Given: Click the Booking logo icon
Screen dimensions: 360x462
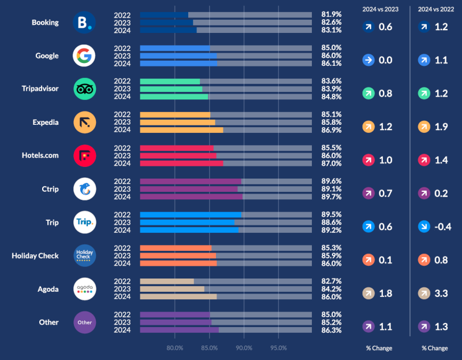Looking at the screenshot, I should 84,23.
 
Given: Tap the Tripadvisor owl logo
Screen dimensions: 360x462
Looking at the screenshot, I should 84,89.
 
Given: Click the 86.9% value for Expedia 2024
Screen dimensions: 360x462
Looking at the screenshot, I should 331,130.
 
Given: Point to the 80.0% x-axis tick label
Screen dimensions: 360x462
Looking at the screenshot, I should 175,348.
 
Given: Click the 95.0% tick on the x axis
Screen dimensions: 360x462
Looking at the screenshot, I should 278,348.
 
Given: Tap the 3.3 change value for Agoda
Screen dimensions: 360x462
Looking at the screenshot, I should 441,293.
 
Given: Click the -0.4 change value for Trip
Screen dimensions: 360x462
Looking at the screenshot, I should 442,227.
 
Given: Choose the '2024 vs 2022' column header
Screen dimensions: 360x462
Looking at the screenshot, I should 435,9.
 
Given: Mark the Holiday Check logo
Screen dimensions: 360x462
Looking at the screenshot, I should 84,255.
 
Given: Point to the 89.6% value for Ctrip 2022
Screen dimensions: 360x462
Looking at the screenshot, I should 331,181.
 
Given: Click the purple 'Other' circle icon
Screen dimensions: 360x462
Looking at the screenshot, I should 84,322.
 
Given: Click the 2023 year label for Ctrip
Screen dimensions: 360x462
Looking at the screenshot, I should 122,189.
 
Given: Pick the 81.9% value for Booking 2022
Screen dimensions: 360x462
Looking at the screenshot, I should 331,14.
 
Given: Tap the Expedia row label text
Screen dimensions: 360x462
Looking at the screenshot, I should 44,123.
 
